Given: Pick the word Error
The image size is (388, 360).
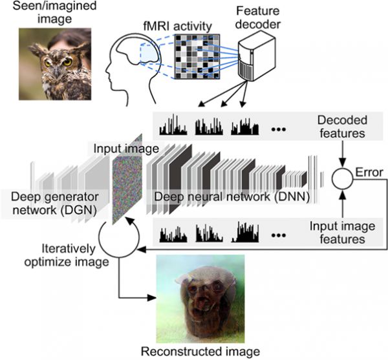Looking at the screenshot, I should coord(367,173).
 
